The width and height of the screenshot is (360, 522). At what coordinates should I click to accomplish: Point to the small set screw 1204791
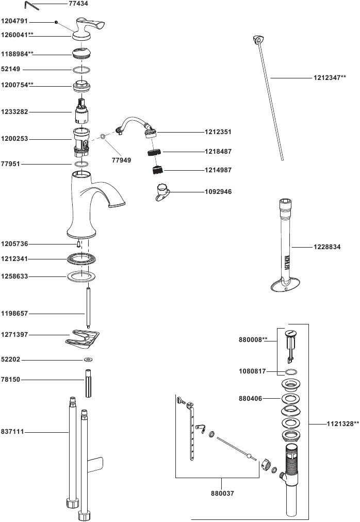[56, 22]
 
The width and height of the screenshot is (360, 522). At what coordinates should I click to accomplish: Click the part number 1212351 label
[217, 132]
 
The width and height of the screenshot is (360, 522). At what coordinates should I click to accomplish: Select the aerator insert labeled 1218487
[153, 152]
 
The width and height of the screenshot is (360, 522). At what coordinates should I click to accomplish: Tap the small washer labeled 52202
[88, 360]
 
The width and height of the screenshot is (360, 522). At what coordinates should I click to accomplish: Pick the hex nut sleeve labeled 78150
[88, 382]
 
